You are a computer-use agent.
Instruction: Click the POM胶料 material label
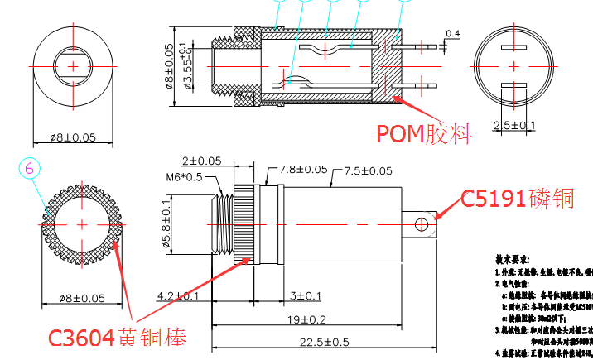(x=423, y=133)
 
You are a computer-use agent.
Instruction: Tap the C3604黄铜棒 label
(x=116, y=338)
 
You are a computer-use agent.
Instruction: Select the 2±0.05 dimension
(x=201, y=161)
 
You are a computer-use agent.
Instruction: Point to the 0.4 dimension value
(x=453, y=34)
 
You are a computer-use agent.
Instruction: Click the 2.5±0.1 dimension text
(x=514, y=125)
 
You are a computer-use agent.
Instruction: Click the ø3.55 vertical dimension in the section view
(x=189, y=69)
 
